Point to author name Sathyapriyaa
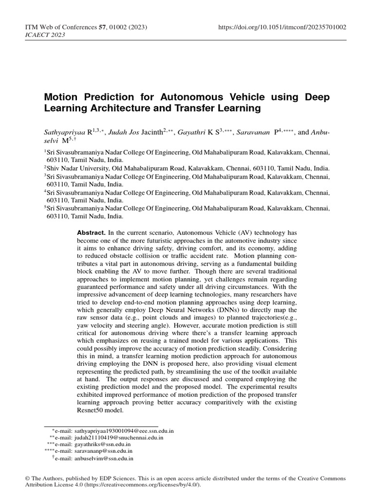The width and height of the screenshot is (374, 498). coord(63,131)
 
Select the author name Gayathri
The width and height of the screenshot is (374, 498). coord(191,131)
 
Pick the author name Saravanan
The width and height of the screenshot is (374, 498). coord(252,131)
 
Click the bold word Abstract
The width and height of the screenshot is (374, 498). coord(91,233)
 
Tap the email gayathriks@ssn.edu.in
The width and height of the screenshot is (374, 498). coord(102,445)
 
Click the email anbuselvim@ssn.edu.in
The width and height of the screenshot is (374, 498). coord(104,458)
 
